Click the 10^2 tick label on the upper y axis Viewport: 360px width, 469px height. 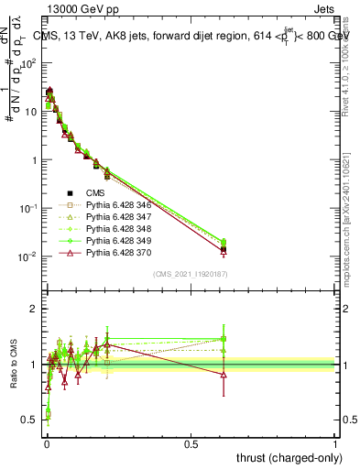[x=27, y=63]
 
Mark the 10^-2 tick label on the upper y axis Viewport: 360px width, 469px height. [x=27, y=256]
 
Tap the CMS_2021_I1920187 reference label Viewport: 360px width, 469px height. [x=191, y=274]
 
